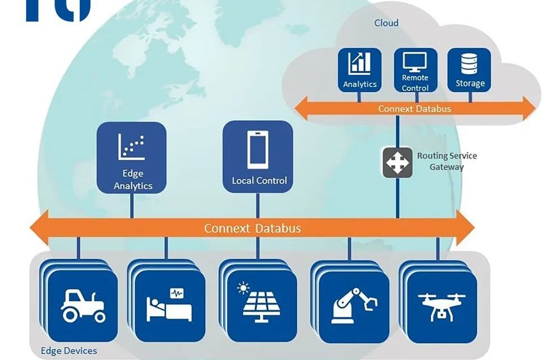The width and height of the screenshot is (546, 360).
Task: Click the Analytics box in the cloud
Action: click(x=359, y=70)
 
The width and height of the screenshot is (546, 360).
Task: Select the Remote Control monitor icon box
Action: click(x=415, y=70)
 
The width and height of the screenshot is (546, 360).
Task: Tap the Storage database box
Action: click(x=470, y=70)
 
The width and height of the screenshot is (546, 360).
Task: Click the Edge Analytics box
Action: click(x=132, y=158)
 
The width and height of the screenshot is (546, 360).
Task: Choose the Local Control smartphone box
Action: click(x=259, y=156)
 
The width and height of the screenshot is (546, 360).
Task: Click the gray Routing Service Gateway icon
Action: click(x=398, y=162)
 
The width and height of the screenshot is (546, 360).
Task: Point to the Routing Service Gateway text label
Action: click(x=446, y=161)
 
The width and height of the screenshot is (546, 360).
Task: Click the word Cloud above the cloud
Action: click(x=386, y=23)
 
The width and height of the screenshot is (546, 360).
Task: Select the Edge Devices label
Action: click(x=69, y=351)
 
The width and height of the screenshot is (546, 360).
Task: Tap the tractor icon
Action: click(x=83, y=305)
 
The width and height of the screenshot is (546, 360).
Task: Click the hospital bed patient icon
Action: click(x=169, y=305)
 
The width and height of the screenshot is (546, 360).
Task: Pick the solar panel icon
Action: click(x=262, y=307)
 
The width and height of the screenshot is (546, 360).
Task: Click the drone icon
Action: click(x=441, y=305)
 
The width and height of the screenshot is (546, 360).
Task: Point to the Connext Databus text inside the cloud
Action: click(x=414, y=109)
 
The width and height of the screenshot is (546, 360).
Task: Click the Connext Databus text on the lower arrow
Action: click(x=252, y=228)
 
